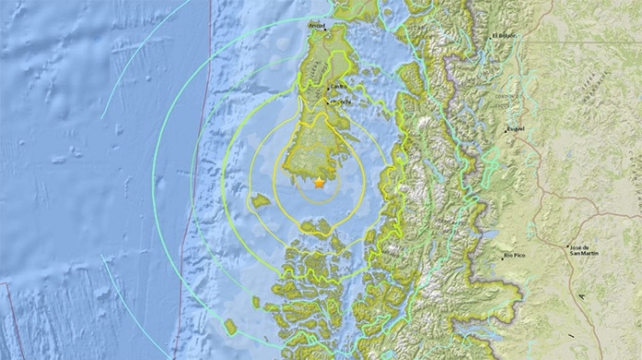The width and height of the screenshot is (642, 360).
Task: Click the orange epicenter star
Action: (320, 184)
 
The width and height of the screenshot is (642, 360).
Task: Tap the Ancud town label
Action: (317, 24)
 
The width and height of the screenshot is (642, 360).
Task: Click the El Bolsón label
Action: (506, 35)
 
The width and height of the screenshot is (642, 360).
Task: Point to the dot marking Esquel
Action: (504, 132)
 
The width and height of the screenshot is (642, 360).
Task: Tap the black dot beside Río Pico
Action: (502, 258)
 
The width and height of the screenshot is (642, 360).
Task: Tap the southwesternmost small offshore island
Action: (231, 327)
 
